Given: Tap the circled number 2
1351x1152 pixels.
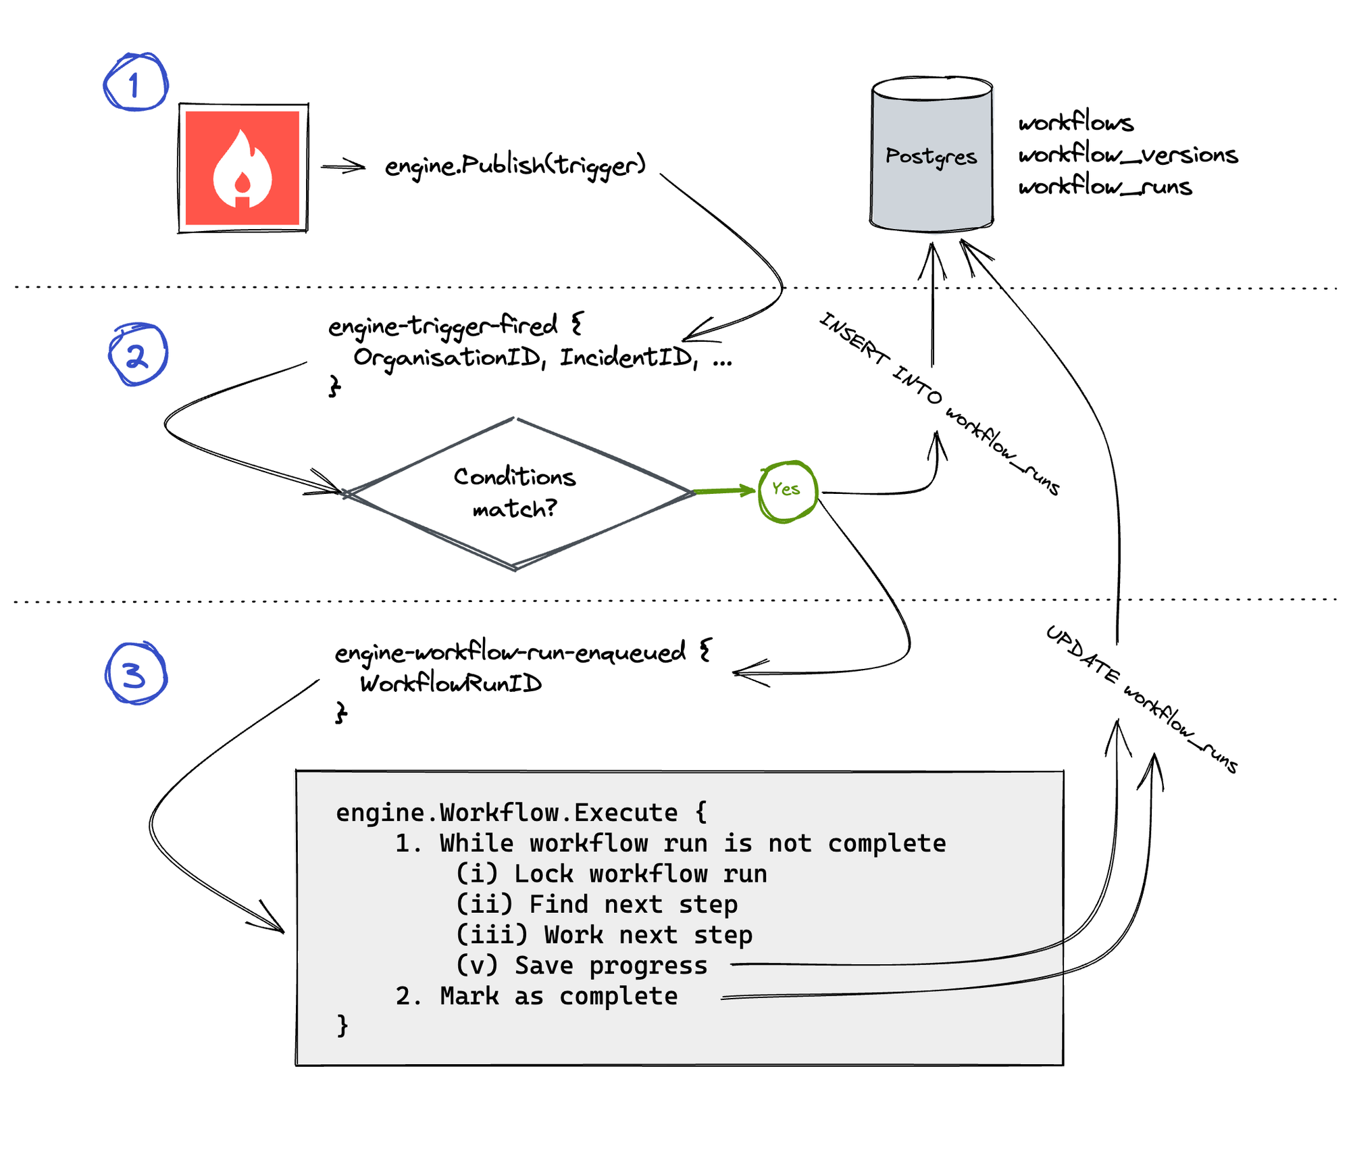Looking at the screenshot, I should click(x=138, y=355).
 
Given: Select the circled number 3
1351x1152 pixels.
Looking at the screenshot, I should click(x=135, y=674).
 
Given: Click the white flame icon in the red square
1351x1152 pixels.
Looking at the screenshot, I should click(x=242, y=169).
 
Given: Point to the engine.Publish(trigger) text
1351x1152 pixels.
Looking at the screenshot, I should click(x=515, y=165).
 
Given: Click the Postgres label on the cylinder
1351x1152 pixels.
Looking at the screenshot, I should click(x=931, y=156).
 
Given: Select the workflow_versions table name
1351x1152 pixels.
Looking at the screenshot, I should click(x=1127, y=155).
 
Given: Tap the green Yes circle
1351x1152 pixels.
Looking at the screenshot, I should click(x=786, y=490).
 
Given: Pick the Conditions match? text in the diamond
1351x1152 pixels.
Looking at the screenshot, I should click(x=515, y=493).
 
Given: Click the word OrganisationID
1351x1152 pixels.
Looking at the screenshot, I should click(x=448, y=357).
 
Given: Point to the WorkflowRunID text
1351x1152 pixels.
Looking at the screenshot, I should click(x=451, y=683).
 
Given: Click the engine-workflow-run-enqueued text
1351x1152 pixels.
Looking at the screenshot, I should click(x=510, y=652).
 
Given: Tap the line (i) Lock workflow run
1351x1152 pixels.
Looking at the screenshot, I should click(x=611, y=874).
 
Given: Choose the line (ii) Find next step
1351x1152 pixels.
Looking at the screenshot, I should click(x=596, y=904).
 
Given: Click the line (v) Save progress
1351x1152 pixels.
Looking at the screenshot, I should click(x=582, y=965).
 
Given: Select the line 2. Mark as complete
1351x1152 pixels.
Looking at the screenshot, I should click(x=537, y=996).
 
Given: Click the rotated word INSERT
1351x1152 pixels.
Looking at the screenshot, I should click(x=854, y=339).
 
